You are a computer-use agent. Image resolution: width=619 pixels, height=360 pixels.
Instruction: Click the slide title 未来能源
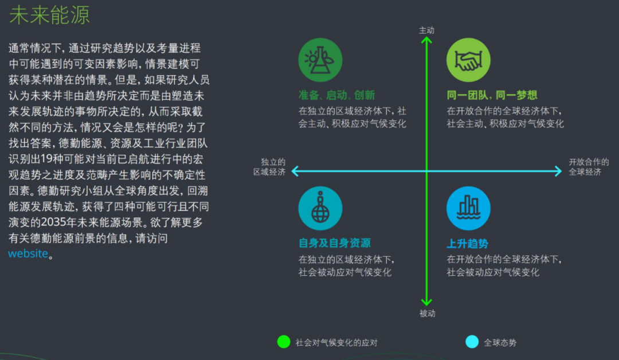click(50, 15)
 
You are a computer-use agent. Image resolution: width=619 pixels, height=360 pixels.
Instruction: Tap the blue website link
click(28, 253)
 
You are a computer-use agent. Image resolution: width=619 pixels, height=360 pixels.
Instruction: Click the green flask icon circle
click(320, 60)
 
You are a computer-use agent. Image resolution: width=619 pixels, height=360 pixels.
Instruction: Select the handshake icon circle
click(468, 60)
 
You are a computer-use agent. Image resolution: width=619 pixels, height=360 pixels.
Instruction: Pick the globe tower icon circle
click(320, 208)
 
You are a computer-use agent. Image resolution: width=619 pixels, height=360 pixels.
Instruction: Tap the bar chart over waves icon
click(468, 208)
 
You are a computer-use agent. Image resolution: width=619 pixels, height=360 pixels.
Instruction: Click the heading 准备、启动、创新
click(336, 95)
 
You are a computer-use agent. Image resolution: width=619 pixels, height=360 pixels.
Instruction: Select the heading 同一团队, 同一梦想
click(492, 95)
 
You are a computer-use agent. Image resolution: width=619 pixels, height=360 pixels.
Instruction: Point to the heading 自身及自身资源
click(334, 243)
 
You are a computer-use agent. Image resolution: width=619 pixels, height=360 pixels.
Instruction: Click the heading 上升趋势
click(467, 244)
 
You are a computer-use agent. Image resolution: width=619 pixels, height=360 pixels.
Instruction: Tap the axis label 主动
click(426, 30)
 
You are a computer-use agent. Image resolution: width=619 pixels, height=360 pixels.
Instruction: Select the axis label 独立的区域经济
click(269, 167)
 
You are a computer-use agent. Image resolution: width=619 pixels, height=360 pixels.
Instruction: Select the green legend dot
click(284, 342)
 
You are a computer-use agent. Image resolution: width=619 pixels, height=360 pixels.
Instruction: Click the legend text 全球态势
click(500, 343)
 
